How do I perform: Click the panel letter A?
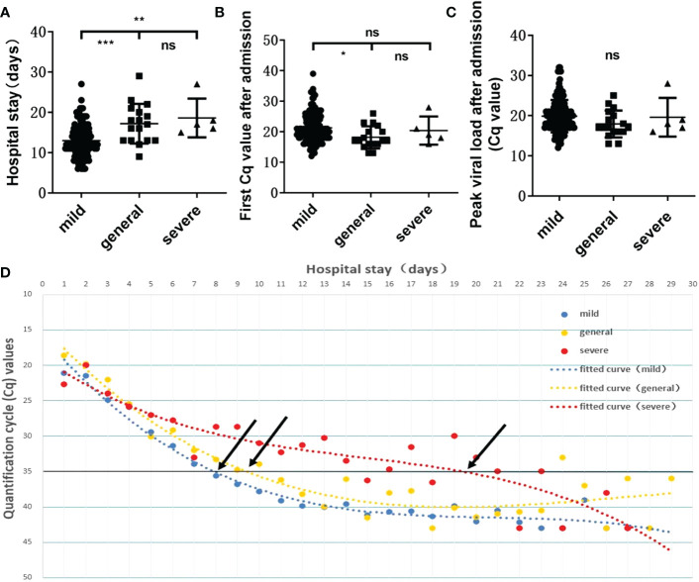[9, 12]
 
